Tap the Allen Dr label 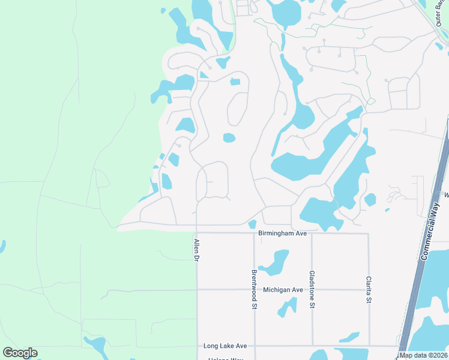point(196,250)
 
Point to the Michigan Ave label point(283,290)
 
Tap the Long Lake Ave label point(225,346)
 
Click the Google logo point(20,353)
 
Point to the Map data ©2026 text point(424,355)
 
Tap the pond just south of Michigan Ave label point(286,307)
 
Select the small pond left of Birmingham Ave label point(252,224)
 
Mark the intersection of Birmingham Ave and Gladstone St point(312,233)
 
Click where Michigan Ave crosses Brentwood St point(254,289)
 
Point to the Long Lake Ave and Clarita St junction point(369,346)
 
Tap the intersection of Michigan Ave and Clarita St point(369,289)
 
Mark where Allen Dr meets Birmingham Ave point(197,233)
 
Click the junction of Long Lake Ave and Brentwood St point(254,346)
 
